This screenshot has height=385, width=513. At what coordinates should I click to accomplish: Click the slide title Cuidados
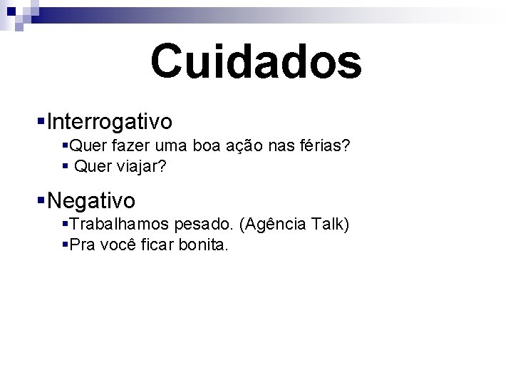256,61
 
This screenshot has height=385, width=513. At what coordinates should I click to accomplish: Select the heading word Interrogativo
109,122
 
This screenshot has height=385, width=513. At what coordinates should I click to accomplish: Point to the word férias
322,146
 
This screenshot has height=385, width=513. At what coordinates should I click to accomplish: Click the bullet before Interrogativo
41,122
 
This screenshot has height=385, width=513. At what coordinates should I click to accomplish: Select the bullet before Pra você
66,245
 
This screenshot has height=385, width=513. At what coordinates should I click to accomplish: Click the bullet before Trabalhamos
66,225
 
